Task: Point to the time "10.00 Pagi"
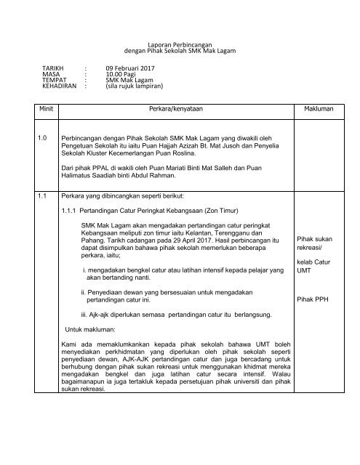pos(123,73)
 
